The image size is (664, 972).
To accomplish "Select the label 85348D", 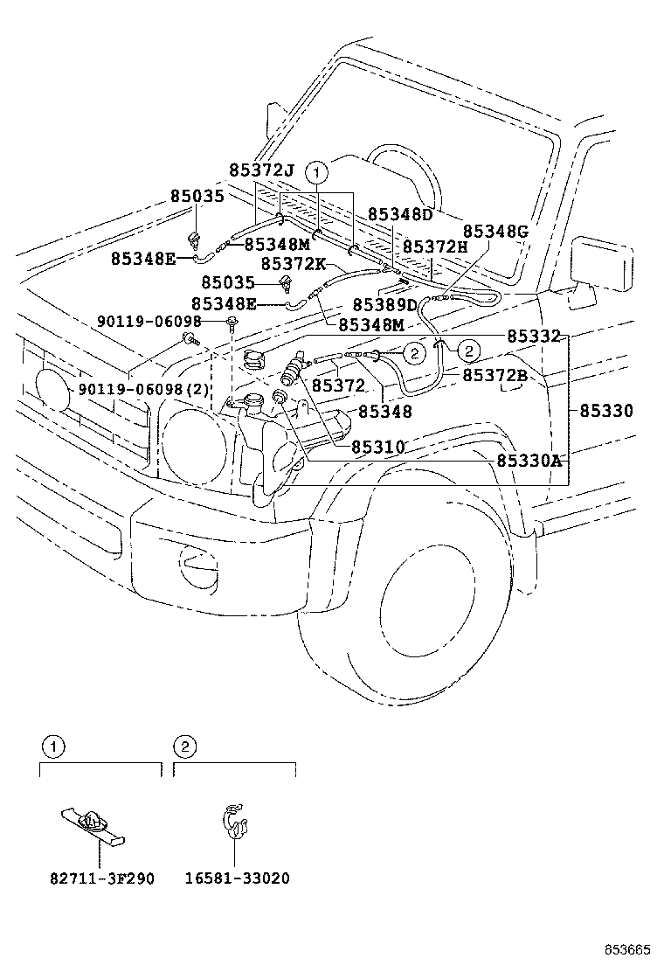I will (400, 214).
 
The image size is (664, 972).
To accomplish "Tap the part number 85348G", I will (495, 232).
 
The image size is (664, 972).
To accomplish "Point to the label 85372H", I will (435, 247).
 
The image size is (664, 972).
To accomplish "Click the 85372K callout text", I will (293, 263).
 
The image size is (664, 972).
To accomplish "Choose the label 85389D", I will (385, 305).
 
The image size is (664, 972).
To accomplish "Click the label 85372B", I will (495, 375).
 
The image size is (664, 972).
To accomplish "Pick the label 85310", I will (377, 447).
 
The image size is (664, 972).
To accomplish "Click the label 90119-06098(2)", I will (144, 389).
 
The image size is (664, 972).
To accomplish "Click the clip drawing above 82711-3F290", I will (93, 823).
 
